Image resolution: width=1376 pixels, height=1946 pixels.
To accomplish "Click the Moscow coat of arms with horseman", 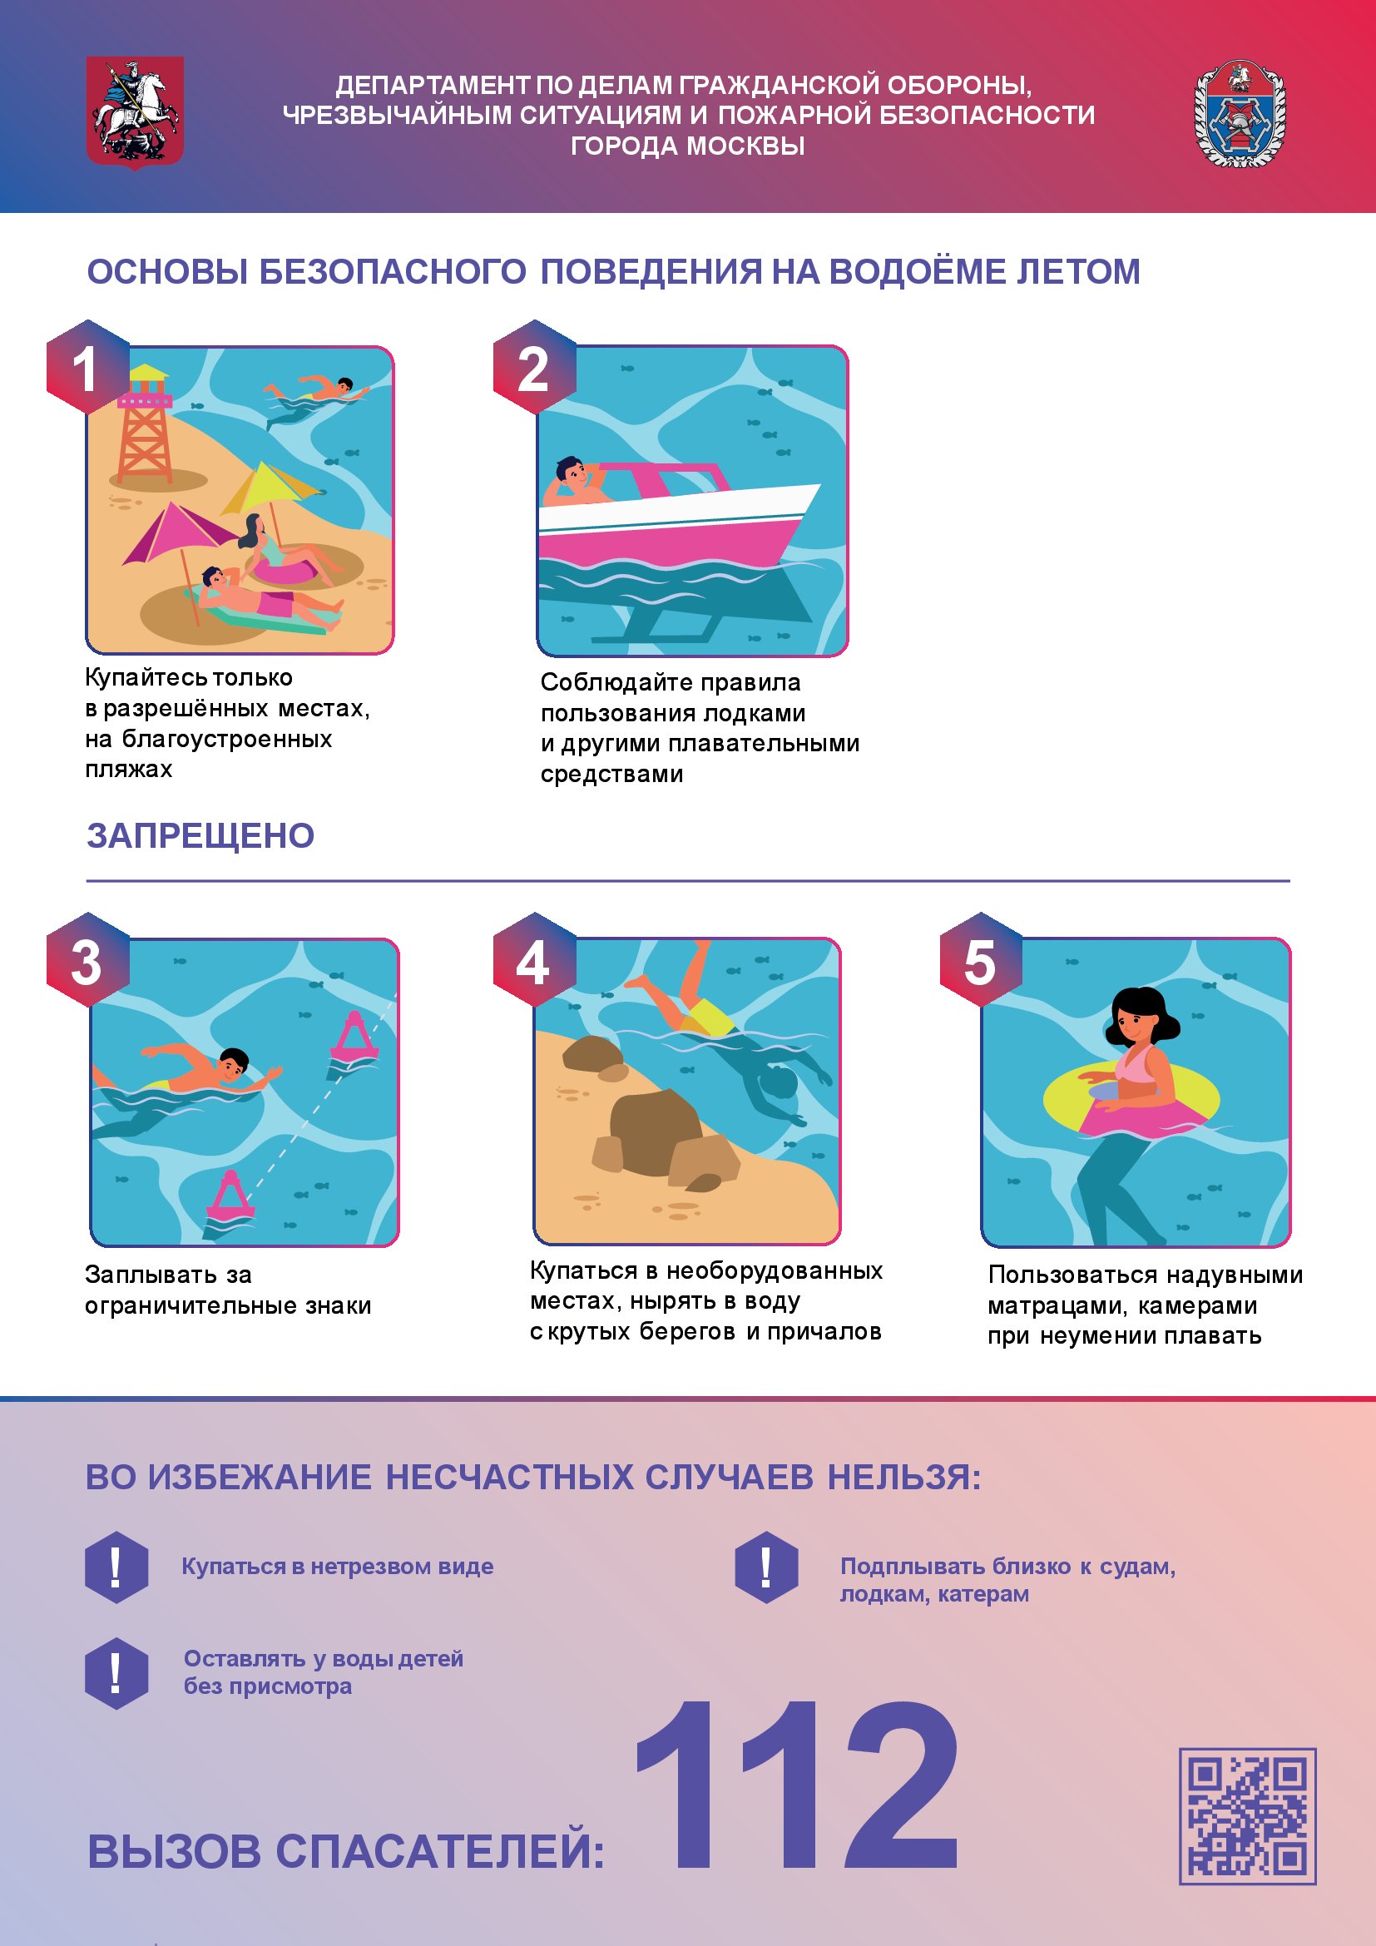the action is click(135, 112).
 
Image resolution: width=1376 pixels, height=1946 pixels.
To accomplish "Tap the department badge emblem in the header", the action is click(1240, 114).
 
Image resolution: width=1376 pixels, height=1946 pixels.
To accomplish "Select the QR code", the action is click(1247, 1815).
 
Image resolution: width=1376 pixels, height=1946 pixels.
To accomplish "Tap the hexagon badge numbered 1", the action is click(87, 367).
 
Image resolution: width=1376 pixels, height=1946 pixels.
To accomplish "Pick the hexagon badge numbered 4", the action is click(535, 960).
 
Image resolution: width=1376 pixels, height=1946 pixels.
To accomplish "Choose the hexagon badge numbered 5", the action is click(981, 960).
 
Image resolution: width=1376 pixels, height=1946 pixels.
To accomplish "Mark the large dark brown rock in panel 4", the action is click(656, 1132).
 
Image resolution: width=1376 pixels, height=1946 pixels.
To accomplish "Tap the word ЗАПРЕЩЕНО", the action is click(200, 835).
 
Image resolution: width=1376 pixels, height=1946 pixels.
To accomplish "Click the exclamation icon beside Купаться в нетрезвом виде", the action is click(117, 1567).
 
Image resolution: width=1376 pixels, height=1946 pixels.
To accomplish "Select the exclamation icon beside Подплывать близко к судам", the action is click(767, 1567).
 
